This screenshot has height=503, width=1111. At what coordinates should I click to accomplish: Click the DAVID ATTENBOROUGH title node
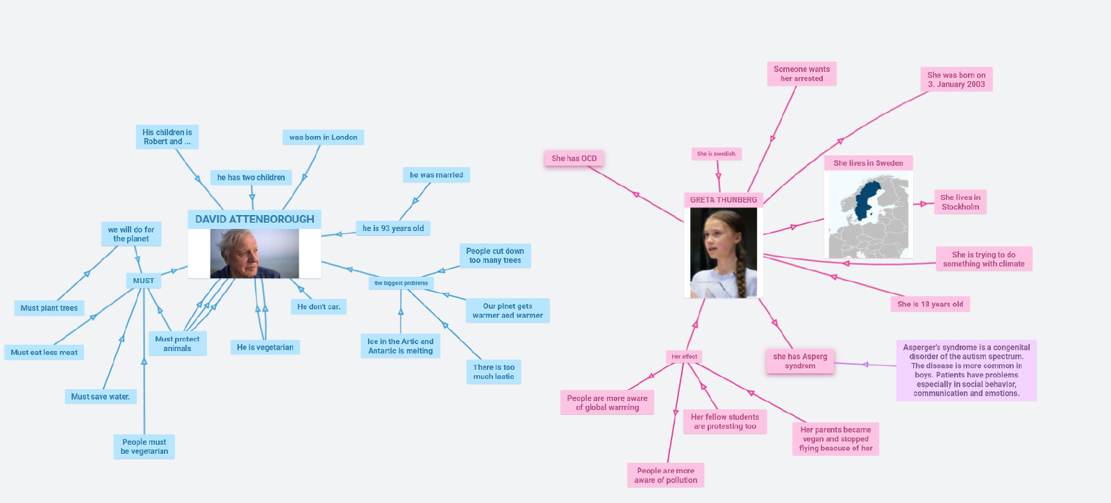(254, 219)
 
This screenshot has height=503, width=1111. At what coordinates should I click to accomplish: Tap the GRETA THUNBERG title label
(724, 200)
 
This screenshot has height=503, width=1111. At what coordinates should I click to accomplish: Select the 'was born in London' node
(323, 137)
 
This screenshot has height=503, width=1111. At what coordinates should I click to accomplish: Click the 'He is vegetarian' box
(265, 348)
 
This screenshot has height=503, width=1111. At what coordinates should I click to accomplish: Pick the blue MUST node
(144, 281)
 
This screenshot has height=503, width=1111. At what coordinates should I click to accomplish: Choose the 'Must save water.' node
(101, 397)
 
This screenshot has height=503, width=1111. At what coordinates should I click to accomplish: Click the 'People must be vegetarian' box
(144, 447)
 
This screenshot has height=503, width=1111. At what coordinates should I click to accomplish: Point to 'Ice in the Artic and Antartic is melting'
(401, 346)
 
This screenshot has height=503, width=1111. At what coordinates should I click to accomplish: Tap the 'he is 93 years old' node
(393, 228)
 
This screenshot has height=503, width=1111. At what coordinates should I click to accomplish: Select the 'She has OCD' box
(574, 158)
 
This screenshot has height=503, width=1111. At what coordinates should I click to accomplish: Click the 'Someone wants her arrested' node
(802, 74)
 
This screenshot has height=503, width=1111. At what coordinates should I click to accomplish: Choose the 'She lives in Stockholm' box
(960, 202)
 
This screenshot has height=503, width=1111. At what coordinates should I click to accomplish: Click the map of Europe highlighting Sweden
(869, 215)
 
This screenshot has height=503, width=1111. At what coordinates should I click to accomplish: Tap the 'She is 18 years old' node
(930, 304)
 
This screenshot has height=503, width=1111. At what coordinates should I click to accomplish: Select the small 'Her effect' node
(684, 357)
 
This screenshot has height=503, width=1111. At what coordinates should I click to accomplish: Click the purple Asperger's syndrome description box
(967, 370)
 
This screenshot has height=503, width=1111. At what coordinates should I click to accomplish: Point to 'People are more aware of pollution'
(666, 475)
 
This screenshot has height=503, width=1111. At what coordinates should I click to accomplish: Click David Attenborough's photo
(255, 253)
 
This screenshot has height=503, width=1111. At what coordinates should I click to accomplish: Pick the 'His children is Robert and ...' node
(167, 137)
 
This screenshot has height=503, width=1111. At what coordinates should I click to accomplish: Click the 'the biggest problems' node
(401, 283)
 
